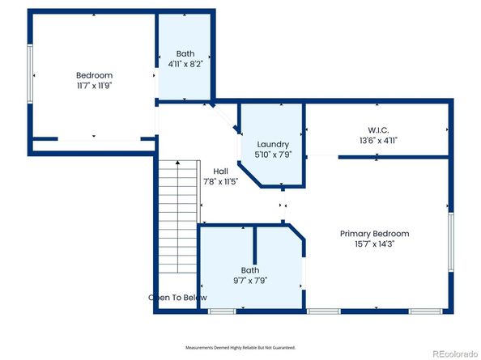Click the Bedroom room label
click(x=94, y=75)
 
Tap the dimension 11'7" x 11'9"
click(x=94, y=85)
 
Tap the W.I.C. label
click(x=378, y=129)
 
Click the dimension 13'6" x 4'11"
click(x=378, y=140)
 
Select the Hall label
click(x=220, y=172)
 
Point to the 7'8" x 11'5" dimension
click(x=220, y=182)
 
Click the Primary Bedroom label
click(x=374, y=234)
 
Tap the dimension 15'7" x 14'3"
click(x=374, y=244)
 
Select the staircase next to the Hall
click(x=177, y=206)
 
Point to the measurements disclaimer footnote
click(x=240, y=346)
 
